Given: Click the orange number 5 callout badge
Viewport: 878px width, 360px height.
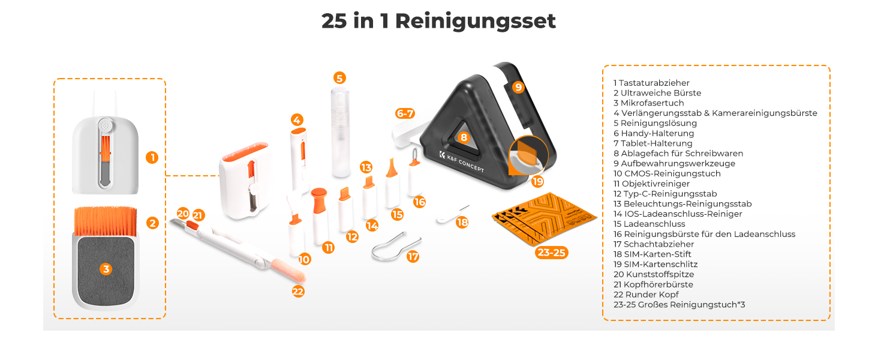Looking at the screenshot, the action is point(339,78).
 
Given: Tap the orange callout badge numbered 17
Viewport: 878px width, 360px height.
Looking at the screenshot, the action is point(413,256).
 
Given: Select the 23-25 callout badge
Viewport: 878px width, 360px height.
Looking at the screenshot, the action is point(552,253).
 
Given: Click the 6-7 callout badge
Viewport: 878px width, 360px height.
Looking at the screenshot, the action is point(405,114).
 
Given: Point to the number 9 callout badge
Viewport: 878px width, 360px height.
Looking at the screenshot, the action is point(518,86).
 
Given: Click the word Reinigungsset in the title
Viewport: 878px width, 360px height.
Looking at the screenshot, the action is point(476,22).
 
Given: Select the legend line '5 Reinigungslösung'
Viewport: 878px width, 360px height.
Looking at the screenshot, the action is point(655,123).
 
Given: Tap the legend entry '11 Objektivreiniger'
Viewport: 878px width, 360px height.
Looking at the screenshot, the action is point(651,184).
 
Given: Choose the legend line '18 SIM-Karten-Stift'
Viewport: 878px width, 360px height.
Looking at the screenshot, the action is point(653,254).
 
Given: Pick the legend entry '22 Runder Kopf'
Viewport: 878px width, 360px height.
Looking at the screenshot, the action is point(646,295).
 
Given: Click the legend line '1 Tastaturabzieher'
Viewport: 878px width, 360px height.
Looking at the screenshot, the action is point(651,83).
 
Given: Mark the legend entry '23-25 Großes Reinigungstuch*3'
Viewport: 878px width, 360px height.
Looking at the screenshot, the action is point(679,305).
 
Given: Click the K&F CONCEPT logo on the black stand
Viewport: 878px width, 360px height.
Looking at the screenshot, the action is point(462,161).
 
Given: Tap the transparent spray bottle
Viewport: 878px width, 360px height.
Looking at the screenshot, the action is point(340,133).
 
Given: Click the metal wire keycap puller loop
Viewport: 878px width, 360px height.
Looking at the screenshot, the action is point(395,247).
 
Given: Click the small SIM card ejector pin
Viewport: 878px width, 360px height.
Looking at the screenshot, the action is point(453,214).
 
